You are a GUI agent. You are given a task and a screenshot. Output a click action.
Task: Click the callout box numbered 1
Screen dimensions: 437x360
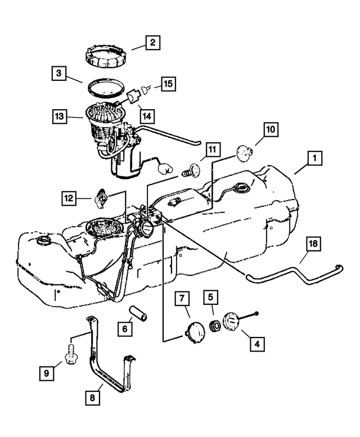316,159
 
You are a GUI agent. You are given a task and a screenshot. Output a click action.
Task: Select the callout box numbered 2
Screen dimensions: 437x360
152,42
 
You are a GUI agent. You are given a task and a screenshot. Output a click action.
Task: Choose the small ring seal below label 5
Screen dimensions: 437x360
214,326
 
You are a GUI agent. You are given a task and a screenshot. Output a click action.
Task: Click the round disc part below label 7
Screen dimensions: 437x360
194,332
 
